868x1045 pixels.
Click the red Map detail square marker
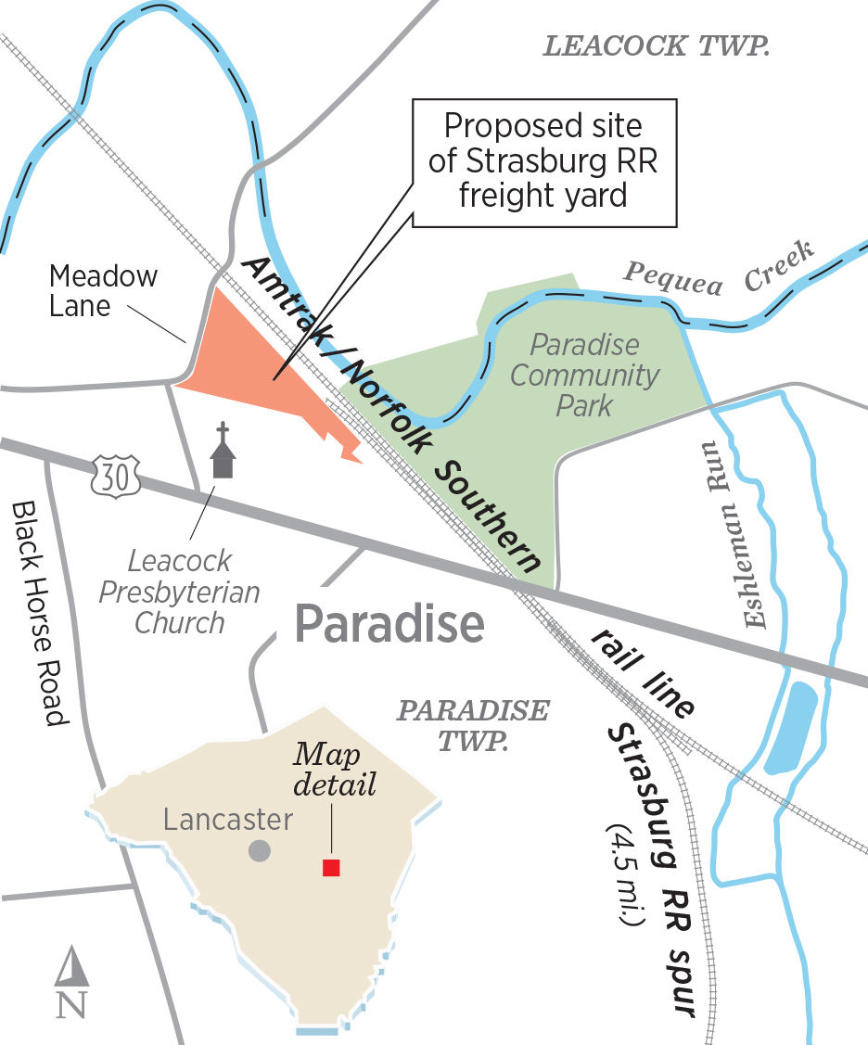click(331, 867)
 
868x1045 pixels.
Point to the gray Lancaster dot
click(260, 850)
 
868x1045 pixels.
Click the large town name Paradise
click(389, 626)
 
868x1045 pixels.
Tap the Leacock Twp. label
click(657, 47)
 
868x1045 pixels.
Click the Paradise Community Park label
click(585, 375)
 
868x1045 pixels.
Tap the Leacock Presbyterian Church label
click(180, 591)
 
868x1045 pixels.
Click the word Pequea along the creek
click(672, 276)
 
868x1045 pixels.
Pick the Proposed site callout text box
click(544, 162)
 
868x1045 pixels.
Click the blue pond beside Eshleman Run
click(797, 727)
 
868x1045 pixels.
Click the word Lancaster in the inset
click(228, 820)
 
